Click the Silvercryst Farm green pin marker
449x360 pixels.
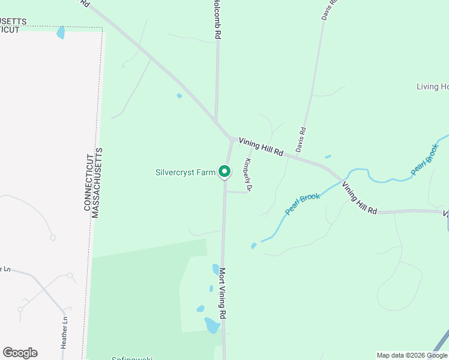pos(224,172)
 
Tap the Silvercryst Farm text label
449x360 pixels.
pos(185,173)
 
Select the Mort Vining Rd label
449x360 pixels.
pos(222,293)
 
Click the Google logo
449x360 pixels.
pos(20,353)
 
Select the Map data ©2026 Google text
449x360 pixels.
pos(412,355)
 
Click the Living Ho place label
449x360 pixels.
pos(432,87)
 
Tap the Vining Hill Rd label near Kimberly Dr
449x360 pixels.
pos(261,147)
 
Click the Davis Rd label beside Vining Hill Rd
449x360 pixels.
pos(300,139)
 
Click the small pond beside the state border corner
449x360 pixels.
pos(60,32)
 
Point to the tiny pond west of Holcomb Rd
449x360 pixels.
pos(179,95)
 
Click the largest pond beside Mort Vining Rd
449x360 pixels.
pos(211,325)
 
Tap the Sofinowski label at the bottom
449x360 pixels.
pos(131,358)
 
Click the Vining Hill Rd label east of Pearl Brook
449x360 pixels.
pos(360,199)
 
